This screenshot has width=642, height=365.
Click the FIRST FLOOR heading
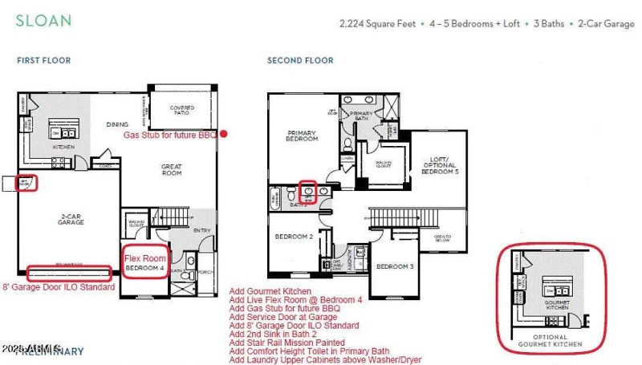43,60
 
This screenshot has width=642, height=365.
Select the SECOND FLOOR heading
300,60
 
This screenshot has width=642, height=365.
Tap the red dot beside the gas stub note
225,134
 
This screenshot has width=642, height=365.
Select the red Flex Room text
145,258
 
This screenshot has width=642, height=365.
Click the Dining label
118,124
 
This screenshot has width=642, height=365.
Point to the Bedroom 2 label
294,237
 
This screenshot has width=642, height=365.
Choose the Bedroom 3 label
395,266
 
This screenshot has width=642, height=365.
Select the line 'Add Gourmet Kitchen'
270,291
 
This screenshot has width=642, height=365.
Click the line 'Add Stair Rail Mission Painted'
286,343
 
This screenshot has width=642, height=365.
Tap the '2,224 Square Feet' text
377,24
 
